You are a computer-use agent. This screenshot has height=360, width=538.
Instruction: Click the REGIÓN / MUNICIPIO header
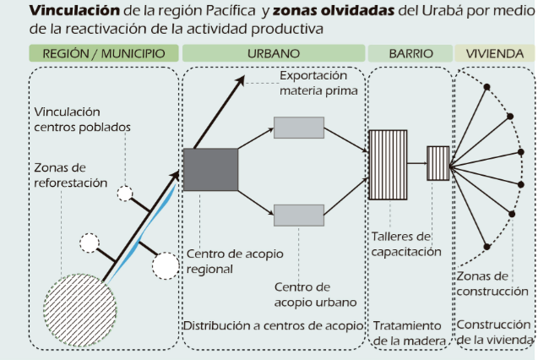pyautogui.click(x=103, y=52)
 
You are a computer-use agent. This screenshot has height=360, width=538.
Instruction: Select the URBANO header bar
pyautogui.click(x=273, y=52)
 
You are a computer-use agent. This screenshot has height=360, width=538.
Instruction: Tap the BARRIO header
pyautogui.click(x=410, y=52)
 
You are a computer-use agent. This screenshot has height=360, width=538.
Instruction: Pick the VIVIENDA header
pyautogui.click(x=496, y=52)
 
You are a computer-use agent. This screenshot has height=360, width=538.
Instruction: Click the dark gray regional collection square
pyautogui.click(x=210, y=174)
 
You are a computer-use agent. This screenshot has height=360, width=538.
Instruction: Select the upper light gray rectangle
pyautogui.click(x=299, y=128)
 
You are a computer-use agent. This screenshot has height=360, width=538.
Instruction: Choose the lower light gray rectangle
pyautogui.click(x=299, y=215)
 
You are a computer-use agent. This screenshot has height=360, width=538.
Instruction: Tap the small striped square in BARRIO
pyautogui.click(x=437, y=160)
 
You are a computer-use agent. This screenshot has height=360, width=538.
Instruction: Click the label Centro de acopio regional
pyautogui.click(x=223, y=262)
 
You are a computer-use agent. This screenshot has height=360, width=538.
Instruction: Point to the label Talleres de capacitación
pyautogui.click(x=407, y=244)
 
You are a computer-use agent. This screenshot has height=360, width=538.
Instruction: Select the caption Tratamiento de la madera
pyautogui.click(x=407, y=333)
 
